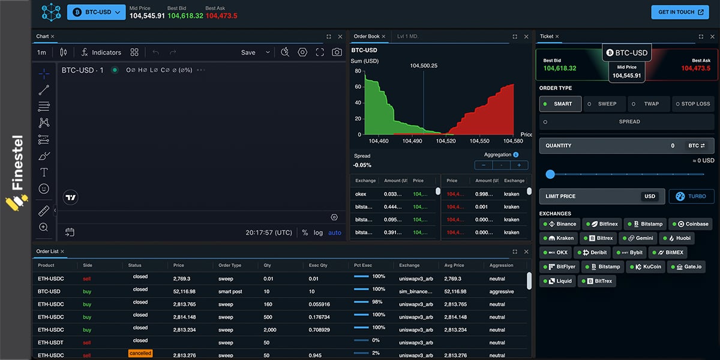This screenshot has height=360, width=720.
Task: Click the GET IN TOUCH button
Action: pos(680,12)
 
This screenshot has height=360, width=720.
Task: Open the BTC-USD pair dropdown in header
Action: pos(96,12)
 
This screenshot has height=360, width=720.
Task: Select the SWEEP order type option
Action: pos(604,104)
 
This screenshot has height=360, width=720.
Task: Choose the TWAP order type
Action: pos(649,104)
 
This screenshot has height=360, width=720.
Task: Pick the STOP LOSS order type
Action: pos(692,104)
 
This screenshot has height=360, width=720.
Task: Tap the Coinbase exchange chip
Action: pos(690,224)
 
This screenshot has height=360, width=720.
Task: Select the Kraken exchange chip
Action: pos(562,238)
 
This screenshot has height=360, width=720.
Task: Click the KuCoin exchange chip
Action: pos(648,266)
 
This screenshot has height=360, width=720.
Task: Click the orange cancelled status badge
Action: pos(140,353)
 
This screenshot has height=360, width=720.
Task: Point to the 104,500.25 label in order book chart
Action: pos(424,65)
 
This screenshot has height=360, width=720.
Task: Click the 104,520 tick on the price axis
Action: pos(446,141)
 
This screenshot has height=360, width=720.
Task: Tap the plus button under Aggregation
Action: pos(519,165)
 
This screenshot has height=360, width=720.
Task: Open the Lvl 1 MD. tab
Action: pos(408,37)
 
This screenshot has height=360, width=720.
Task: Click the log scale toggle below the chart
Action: pos(318,233)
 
